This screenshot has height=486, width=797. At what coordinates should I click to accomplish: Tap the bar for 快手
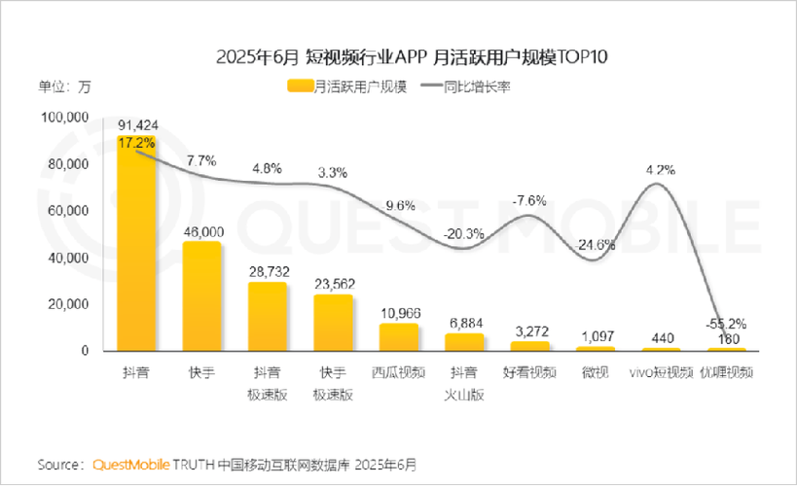[201, 296]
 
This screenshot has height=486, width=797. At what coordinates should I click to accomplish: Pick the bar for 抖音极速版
[267, 317]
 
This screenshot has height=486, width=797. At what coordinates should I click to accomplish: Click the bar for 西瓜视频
[398, 337]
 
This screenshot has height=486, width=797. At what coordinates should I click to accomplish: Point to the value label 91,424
[137, 126]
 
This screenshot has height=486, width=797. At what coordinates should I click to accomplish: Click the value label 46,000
[202, 231]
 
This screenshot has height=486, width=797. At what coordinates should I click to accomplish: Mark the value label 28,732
[268, 272]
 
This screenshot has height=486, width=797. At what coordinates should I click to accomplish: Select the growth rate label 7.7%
[201, 159]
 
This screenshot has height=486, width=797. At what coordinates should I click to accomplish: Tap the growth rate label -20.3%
[463, 233]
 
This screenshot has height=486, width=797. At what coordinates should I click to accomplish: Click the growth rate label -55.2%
[725, 325]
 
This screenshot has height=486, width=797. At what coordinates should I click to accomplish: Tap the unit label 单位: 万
[64, 86]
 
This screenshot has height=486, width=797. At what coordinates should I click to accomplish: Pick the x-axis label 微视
[595, 372]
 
